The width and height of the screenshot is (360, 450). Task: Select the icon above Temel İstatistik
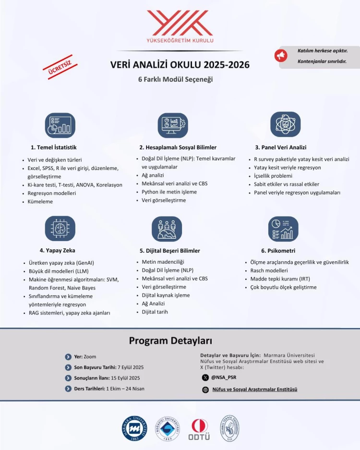(60, 125)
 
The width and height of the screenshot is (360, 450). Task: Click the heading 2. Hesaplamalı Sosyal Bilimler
(178, 147)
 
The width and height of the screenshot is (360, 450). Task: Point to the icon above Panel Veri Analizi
(285, 124)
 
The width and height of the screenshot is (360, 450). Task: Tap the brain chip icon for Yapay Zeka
(60, 228)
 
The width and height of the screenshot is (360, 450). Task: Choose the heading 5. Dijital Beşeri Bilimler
(170, 251)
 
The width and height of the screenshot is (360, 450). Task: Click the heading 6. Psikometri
(278, 251)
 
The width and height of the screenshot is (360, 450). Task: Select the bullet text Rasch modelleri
(270, 270)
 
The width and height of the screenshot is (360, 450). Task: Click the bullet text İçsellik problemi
(273, 176)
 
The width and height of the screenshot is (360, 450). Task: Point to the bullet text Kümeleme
(40, 202)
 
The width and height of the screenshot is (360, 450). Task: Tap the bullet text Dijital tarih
(155, 312)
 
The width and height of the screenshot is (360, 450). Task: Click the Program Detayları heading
(170, 341)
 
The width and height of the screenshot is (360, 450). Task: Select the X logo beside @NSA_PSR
(205, 377)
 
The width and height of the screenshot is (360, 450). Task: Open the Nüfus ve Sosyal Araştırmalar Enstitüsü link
(254, 389)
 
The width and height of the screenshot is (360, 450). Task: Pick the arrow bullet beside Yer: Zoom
(68, 357)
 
